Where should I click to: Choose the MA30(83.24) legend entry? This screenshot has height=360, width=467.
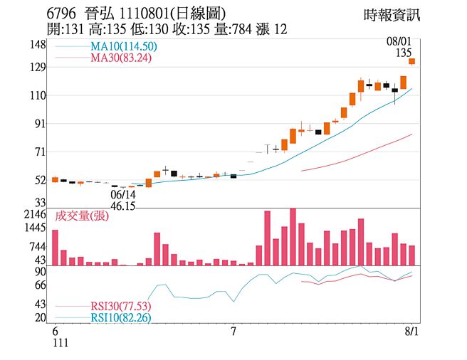[121, 58]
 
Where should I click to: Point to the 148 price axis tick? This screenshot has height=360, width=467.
[38, 45]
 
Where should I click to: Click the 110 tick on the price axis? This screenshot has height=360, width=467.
[38, 95]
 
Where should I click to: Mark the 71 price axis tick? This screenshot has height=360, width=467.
[40, 152]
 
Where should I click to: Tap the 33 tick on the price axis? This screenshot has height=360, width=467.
[40, 203]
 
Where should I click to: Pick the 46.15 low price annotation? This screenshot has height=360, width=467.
[123, 206]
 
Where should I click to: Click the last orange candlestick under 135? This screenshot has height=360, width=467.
[411, 62]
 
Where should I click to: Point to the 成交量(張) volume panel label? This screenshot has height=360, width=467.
[80, 216]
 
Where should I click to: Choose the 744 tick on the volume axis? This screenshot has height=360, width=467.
[37, 247]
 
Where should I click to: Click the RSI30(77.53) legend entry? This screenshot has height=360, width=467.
[120, 306]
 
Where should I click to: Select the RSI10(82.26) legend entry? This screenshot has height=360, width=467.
[120, 317]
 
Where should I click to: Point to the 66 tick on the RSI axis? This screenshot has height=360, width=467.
[40, 285]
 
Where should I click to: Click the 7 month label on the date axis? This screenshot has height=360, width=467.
[233, 332]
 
